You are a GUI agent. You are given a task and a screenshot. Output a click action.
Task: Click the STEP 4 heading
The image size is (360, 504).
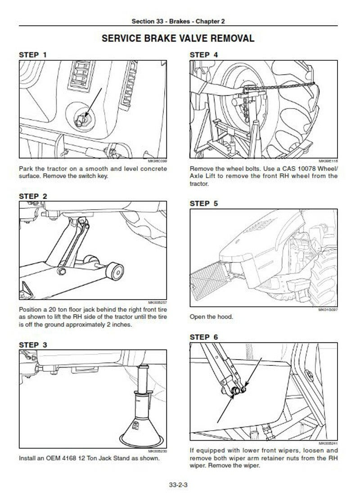pos(204,55)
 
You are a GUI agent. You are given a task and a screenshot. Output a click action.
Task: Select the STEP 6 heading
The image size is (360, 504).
pos(204,337)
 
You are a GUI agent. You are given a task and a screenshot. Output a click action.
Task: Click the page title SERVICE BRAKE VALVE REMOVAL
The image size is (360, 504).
pos(178,38)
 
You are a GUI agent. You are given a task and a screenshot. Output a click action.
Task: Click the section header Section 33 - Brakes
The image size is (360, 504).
pos(178,21)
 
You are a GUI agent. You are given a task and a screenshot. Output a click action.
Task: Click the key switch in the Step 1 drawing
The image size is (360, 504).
pos(81,119)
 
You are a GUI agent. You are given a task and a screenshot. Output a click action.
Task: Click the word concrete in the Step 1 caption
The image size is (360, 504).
pos(151,169)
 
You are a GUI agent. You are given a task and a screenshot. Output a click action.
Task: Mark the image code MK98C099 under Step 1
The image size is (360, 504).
pos(157,161)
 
